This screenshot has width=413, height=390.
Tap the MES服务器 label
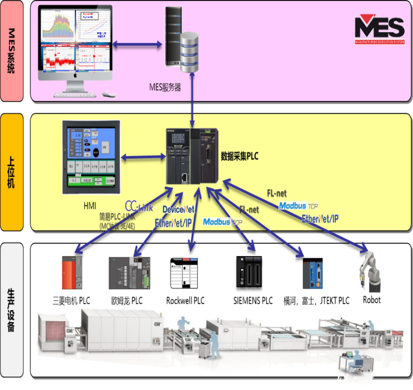[x=165, y=87]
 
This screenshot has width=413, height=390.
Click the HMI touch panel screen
[x=91, y=157]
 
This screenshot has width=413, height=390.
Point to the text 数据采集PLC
[x=239, y=156]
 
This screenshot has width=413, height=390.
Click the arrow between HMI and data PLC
[x=143, y=157]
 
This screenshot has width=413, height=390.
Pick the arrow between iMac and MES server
[x=137, y=44]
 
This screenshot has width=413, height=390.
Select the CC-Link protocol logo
[x=139, y=206]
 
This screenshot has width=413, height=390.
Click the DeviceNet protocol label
[x=179, y=210]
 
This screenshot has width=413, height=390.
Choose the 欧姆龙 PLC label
[x=127, y=301]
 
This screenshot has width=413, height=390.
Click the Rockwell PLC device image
[x=184, y=273]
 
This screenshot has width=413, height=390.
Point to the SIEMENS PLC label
[x=253, y=301]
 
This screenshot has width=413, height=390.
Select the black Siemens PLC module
[x=249, y=272]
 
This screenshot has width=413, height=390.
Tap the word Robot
[x=371, y=300]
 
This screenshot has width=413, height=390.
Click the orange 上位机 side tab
[x=12, y=172]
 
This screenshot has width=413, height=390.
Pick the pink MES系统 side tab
[x=12, y=51]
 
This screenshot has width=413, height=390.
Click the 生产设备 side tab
[x=12, y=310]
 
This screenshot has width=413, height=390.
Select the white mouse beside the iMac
[x=109, y=94]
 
